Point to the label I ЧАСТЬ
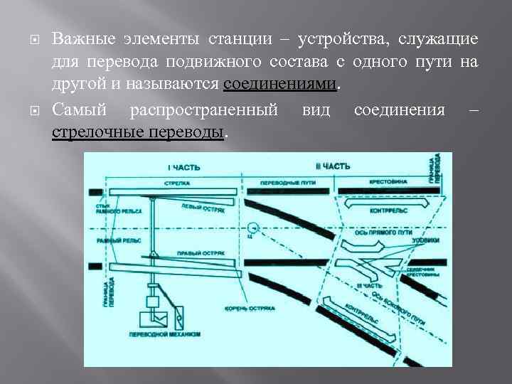183,167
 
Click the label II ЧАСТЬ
333,166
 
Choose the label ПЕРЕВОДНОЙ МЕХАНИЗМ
164,334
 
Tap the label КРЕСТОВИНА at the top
388,182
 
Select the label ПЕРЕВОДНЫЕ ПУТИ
288,183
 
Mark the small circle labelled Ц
251,229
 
